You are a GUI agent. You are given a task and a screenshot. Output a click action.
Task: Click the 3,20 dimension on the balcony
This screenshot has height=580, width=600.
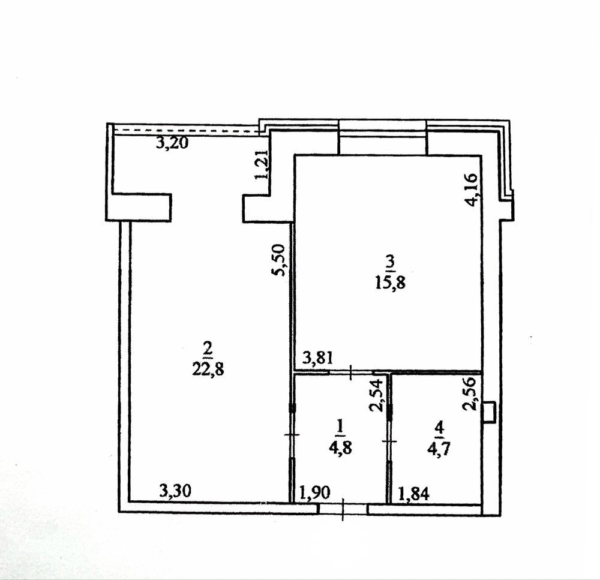point(172,143)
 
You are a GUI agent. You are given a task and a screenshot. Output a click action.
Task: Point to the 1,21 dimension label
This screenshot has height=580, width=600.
point(262,164)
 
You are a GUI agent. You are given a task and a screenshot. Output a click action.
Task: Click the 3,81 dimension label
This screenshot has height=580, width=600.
point(318,359)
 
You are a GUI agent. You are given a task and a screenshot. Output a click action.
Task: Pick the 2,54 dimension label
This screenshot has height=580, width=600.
point(376,395)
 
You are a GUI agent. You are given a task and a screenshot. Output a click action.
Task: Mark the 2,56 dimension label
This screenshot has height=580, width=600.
point(469,394)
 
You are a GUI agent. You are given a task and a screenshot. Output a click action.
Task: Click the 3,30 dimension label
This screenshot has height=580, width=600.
point(175,491)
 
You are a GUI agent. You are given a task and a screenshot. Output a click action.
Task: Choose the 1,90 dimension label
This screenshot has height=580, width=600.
point(314,493)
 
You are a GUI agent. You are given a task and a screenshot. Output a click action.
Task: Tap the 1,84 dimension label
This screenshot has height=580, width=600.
point(414,494)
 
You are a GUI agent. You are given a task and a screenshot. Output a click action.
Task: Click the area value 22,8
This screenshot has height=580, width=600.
point(208,370)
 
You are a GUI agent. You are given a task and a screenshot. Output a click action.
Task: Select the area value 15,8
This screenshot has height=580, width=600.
point(391,284)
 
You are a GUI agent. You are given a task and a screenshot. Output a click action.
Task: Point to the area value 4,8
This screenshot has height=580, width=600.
point(340,447)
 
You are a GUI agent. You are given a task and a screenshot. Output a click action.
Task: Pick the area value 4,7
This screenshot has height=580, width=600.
point(439,449)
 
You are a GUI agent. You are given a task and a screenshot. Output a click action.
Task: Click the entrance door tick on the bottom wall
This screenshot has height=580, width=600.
point(343,509)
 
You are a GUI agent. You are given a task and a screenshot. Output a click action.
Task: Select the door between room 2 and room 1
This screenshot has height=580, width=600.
point(292,435)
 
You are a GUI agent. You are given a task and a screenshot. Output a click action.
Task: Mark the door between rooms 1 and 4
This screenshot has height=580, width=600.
point(389,441)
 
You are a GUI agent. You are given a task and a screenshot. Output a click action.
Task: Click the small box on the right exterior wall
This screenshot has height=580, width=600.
point(490,413)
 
